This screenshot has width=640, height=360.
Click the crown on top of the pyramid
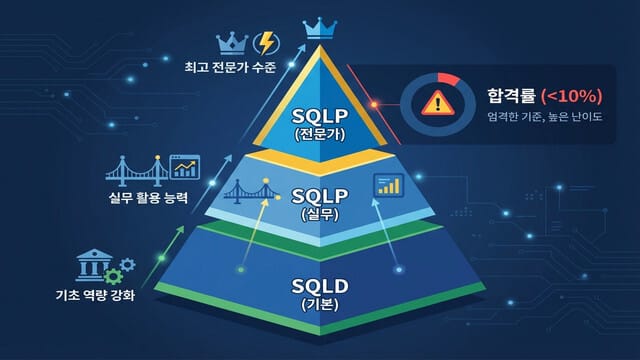(321, 25)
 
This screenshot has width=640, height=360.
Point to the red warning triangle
(435, 103)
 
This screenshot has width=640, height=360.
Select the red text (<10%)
(573, 96)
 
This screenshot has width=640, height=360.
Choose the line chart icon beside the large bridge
(184, 166)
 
